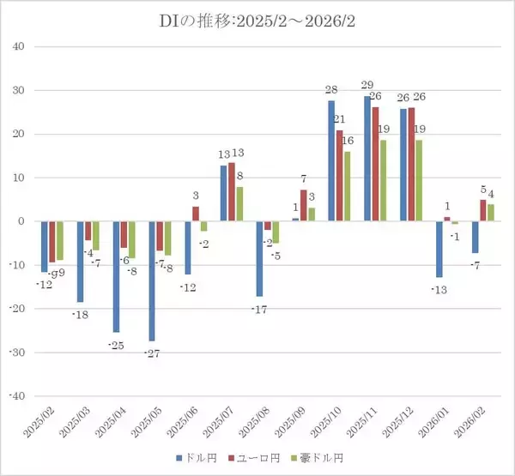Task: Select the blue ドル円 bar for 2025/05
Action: [153, 280]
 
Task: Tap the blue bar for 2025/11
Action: [367, 159]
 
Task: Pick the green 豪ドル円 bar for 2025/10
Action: [348, 186]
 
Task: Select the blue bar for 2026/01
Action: [439, 250]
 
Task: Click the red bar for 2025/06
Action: [196, 214]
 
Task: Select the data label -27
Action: [152, 352]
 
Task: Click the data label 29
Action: [367, 85]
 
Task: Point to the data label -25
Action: [117, 344]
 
